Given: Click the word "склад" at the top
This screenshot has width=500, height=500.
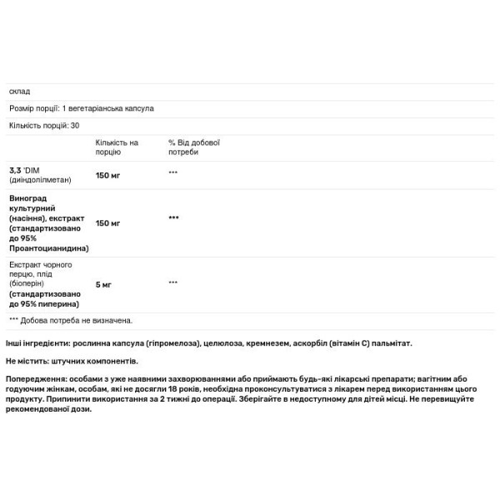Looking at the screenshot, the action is point(18,92).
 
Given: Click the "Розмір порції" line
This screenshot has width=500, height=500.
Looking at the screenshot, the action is point(81,108).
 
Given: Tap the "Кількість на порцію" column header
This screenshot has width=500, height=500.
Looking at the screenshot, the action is point(117,147).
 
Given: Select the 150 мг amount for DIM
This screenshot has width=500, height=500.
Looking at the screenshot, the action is point(108,174).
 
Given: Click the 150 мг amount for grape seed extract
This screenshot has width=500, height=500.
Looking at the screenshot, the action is point(108,223).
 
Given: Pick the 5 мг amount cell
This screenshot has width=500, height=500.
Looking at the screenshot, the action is point(103,285).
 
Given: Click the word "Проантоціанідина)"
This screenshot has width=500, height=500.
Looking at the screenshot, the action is point(48,248).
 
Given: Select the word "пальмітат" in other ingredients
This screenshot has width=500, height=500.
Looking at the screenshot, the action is point(390,343).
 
